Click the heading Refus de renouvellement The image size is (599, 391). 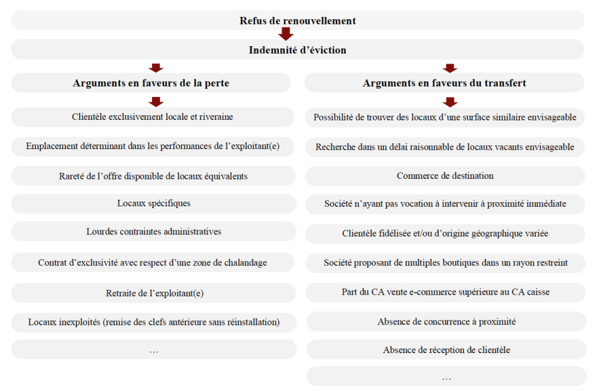click(x=297, y=20)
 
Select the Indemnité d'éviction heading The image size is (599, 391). click(x=297, y=50)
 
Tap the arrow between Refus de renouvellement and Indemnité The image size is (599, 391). click(x=286, y=34)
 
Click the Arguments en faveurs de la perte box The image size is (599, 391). click(x=151, y=83)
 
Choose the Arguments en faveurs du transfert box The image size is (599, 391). click(x=445, y=83)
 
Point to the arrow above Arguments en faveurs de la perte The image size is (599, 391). click(x=156, y=68)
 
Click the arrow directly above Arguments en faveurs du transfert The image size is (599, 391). click(x=450, y=68)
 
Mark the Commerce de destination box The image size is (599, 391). click(x=445, y=175)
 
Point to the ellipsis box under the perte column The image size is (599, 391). click(x=153, y=350)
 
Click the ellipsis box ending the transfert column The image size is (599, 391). click(x=446, y=378)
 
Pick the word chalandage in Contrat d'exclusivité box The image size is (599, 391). click(x=245, y=263)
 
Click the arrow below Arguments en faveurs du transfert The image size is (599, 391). click(x=450, y=102)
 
